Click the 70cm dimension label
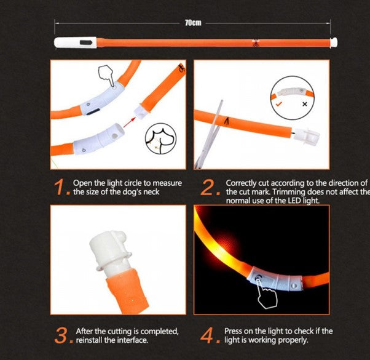[x=193, y=23]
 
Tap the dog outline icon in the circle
[x=160, y=138]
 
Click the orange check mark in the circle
[x=279, y=103]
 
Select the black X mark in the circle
[x=305, y=104]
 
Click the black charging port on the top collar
[x=86, y=42]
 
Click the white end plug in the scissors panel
[x=306, y=136]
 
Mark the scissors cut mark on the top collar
[x=255, y=43]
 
